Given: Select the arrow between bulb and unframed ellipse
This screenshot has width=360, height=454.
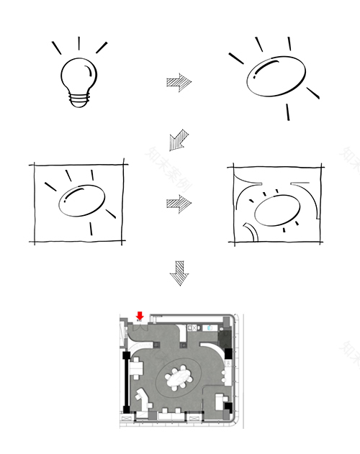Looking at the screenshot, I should [179, 81].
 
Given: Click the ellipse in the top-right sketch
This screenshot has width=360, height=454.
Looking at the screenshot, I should [274, 77].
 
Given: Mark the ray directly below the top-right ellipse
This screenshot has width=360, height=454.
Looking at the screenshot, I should [288, 112].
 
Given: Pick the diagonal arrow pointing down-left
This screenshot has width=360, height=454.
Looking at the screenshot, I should [177, 139].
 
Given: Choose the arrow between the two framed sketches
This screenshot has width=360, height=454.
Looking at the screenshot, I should [179, 204].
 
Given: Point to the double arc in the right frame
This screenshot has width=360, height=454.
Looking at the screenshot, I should [248, 231].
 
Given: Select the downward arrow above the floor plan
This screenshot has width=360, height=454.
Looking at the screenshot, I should [179, 274].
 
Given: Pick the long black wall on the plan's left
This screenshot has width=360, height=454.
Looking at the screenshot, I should [127, 381].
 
